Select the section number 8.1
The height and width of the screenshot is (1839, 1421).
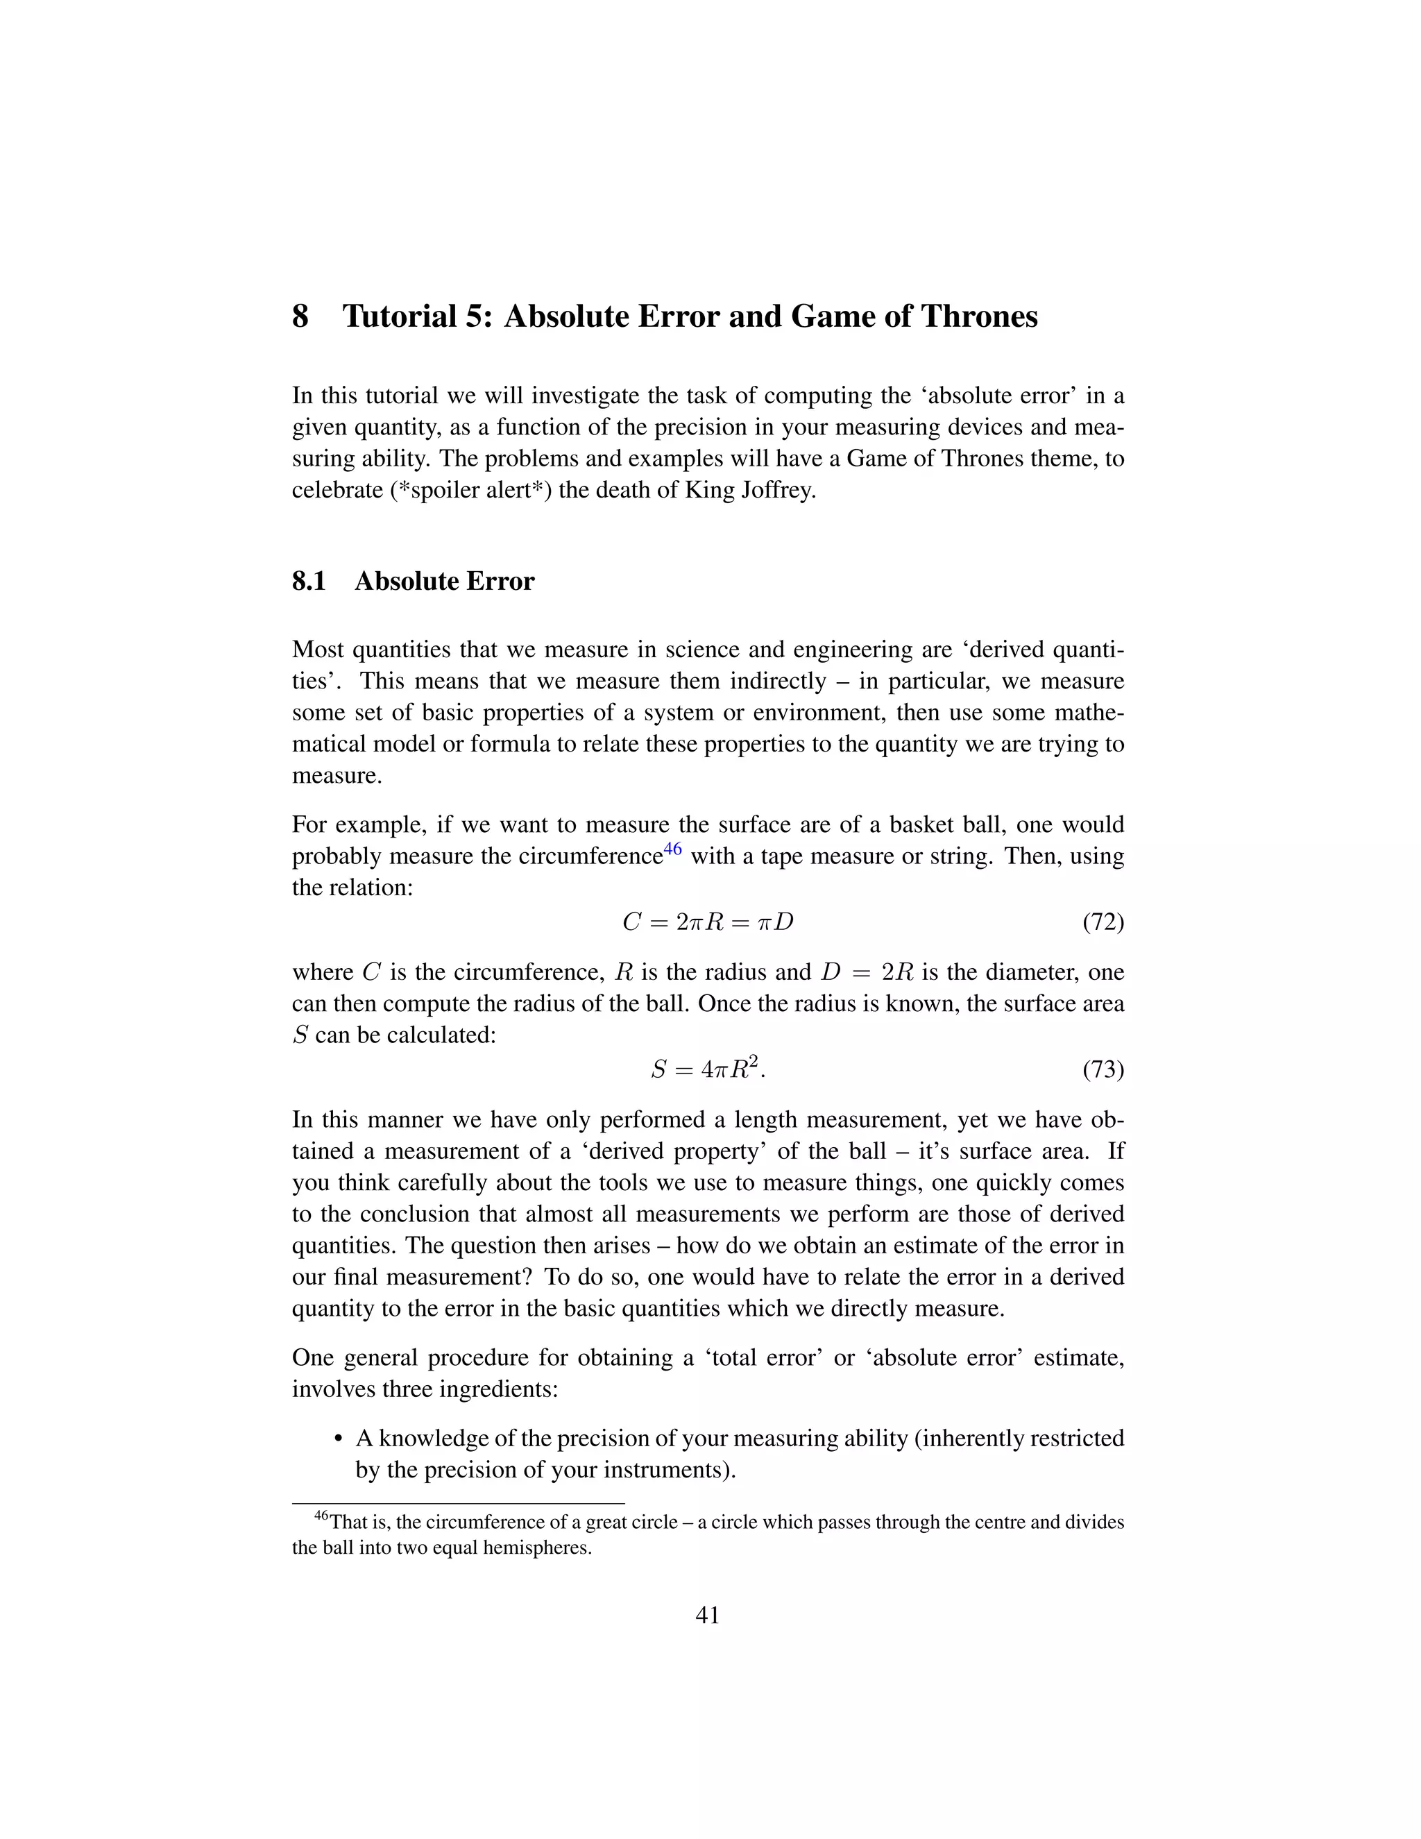pyautogui.click(x=309, y=582)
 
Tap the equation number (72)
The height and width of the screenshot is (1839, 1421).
pyautogui.click(x=1103, y=922)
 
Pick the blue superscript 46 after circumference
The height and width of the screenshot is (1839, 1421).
pyautogui.click(x=672, y=849)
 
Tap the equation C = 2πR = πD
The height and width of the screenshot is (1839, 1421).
pyautogui.click(x=708, y=922)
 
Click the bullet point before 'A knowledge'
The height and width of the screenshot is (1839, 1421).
pyautogui.click(x=339, y=1439)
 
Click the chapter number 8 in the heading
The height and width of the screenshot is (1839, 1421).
pyautogui.click(x=300, y=316)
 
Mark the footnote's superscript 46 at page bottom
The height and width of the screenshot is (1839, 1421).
pyautogui.click(x=321, y=1516)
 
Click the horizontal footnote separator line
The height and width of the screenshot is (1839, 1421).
pyautogui.click(x=458, y=1503)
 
